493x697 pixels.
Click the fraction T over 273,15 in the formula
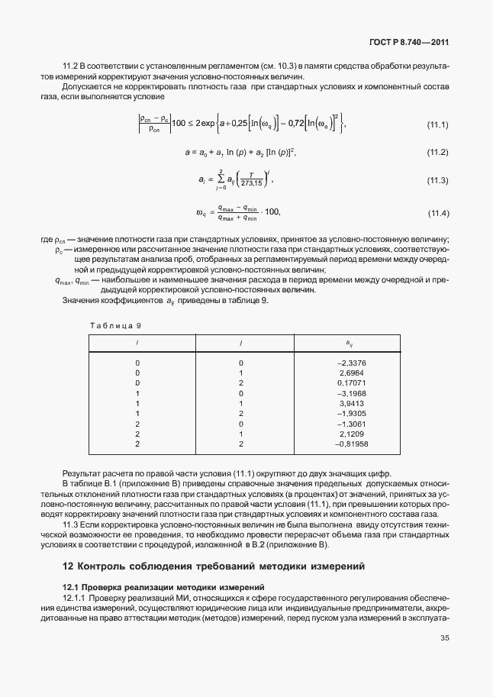click(250, 181)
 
